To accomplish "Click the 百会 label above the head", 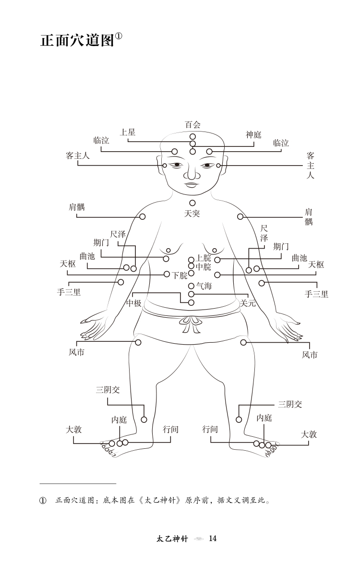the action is [192, 125].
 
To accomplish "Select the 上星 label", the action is [128, 132].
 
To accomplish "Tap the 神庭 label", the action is [253, 134].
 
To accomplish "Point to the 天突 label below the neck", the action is [192, 213].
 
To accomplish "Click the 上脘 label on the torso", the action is [204, 259].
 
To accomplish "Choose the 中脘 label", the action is [204, 267].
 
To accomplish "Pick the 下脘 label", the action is [180, 275].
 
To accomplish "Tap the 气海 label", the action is [204, 286].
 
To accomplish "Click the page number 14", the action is [213, 538].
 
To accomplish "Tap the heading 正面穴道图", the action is [77, 41].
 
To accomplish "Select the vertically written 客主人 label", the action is [311, 166].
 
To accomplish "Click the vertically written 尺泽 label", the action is [264, 233].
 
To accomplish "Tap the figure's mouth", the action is [192, 184].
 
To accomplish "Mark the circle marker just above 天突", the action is [192, 203].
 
